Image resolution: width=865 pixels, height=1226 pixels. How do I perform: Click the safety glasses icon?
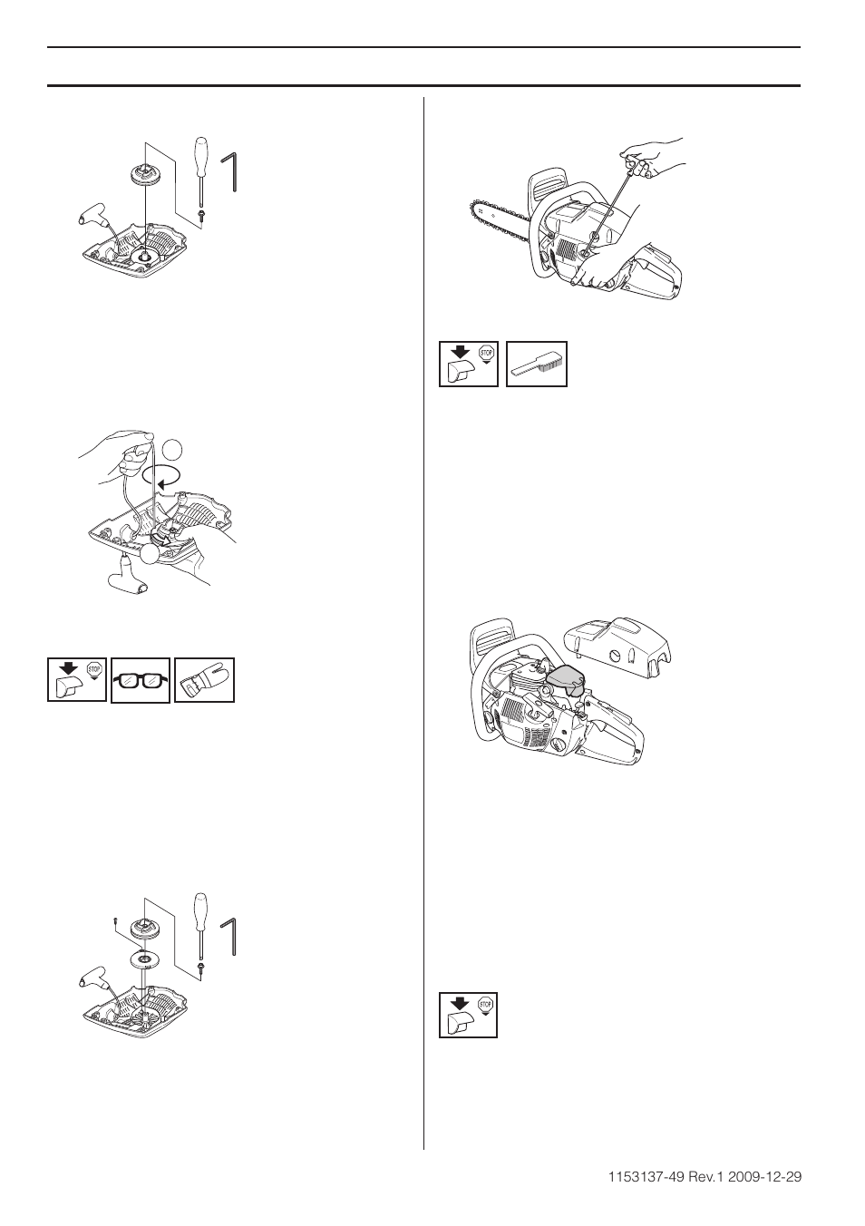pos(141,679)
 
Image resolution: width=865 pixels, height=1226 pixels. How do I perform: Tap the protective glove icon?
pos(205,679)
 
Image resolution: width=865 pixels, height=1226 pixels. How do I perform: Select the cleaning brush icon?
pos(536,365)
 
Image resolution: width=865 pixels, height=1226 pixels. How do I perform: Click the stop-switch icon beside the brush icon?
pos(469,365)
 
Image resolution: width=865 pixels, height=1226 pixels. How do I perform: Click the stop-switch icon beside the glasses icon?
pos(77,679)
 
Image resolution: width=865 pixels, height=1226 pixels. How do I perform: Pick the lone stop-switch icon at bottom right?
pos(469,1016)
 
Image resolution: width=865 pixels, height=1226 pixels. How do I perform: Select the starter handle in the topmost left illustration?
pos(92,218)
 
